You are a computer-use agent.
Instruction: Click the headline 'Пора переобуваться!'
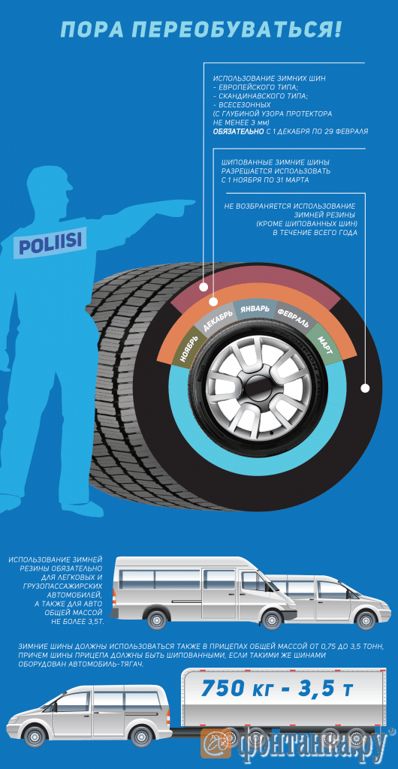(200, 30)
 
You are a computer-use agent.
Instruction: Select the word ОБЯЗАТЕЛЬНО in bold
(237, 131)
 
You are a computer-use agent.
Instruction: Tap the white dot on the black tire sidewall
(364, 388)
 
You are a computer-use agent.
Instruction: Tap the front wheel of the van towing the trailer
(36, 736)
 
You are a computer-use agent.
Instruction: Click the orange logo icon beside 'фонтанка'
(217, 743)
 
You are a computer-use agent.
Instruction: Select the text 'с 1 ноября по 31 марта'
(265, 180)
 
